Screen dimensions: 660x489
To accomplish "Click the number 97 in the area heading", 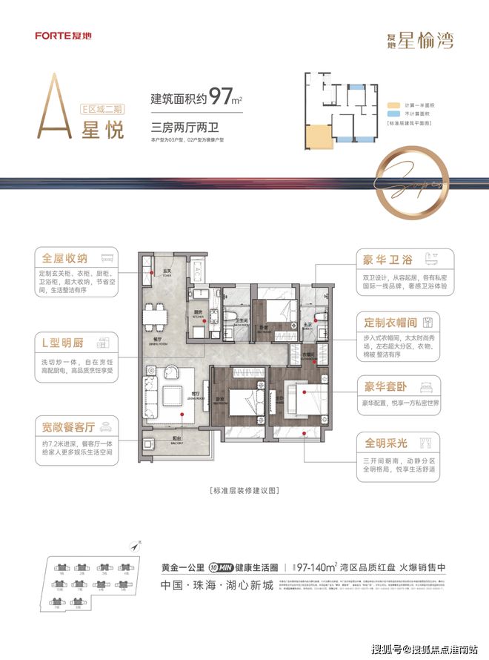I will tap(222, 96).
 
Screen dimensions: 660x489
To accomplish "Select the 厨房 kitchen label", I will tap(199, 312).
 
